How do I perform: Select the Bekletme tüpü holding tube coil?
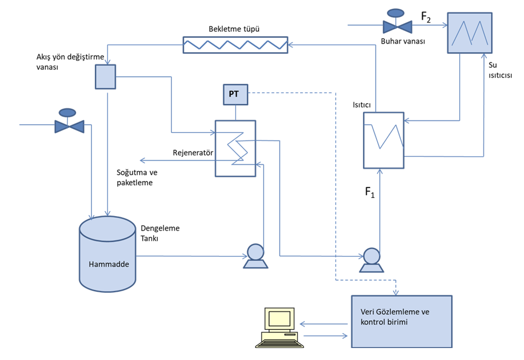235,45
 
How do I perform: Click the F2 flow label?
427,18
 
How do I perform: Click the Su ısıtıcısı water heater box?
470,32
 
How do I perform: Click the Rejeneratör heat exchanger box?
235,148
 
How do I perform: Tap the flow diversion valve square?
106,76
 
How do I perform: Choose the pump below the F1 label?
371,260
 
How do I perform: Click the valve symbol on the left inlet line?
69,124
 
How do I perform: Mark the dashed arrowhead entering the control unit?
395,293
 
